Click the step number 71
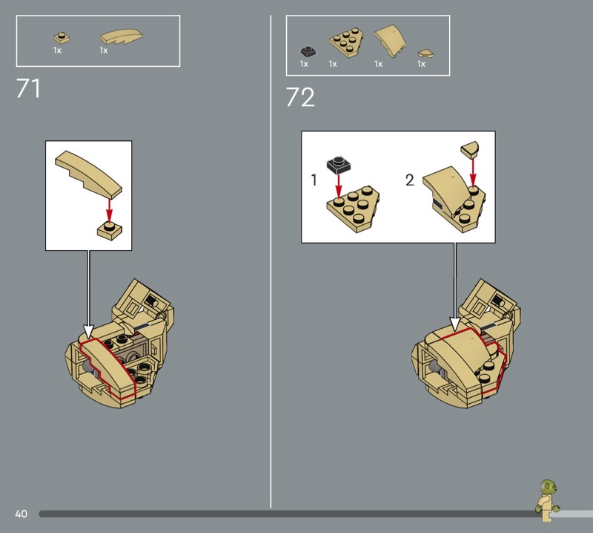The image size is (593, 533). click(x=28, y=88)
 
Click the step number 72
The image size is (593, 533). click(x=300, y=97)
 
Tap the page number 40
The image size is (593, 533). click(x=21, y=514)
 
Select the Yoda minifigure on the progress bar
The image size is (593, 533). click(x=547, y=500)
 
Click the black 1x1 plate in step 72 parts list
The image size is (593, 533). click(x=308, y=51)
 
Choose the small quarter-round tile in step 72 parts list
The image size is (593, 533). click(x=425, y=53)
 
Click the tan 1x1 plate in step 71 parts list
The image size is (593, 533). click(x=62, y=39)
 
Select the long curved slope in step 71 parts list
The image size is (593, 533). click(x=122, y=36)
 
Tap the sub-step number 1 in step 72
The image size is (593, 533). click(x=314, y=180)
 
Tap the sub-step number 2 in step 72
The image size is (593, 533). click(x=410, y=180)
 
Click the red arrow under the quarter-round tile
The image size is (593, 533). click(x=473, y=172)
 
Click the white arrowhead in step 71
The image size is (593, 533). click(x=88, y=332)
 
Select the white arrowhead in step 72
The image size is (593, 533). click(x=455, y=324)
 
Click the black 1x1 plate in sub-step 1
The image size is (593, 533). click(x=339, y=165)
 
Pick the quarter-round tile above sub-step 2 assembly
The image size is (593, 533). click(x=470, y=148)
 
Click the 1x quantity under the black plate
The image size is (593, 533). click(x=304, y=64)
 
